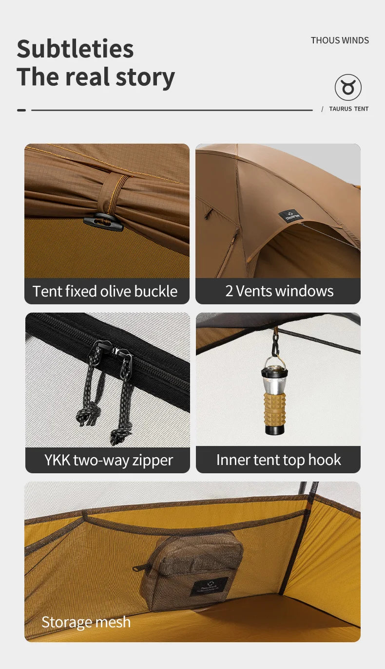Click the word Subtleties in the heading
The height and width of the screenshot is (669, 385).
[75, 49]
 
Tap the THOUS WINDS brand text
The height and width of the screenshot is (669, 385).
[340, 40]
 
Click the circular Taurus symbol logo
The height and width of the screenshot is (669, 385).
[348, 88]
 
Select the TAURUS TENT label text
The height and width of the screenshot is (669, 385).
[348, 109]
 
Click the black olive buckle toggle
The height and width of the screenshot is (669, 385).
[103, 222]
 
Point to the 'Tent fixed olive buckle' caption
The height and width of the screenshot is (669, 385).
[105, 291]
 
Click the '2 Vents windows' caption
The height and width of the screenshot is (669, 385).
[279, 291]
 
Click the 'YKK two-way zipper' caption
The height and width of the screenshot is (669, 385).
[108, 460]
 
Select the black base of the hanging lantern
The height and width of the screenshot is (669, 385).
[274, 429]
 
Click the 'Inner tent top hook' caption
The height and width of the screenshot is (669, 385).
[278, 460]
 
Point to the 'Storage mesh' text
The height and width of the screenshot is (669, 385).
[86, 622]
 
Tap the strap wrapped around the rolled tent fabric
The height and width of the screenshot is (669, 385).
[114, 195]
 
